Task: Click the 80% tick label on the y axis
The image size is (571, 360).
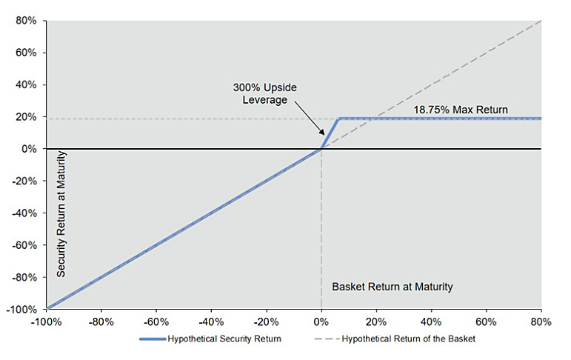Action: tap(26, 21)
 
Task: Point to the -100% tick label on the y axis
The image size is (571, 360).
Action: tap(22, 310)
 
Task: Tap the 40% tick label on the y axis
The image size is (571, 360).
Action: tap(26, 85)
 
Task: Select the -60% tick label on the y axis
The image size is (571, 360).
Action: tap(24, 245)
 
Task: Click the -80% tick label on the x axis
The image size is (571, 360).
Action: tap(101, 322)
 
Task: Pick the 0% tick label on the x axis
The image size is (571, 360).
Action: tap(321, 322)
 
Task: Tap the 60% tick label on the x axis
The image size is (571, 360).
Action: tap(486, 322)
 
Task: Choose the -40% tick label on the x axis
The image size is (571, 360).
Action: tap(211, 322)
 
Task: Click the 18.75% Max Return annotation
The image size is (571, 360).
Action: tap(461, 110)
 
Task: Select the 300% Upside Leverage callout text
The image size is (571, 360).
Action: tap(264, 93)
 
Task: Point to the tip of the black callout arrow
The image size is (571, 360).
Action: tap(324, 135)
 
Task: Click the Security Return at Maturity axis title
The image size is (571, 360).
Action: tap(61, 214)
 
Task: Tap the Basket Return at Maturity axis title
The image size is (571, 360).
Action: tap(393, 287)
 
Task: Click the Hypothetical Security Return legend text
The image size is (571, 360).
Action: tap(224, 339)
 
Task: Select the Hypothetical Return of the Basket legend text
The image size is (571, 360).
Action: tap(408, 339)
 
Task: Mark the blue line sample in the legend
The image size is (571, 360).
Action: tap(153, 339)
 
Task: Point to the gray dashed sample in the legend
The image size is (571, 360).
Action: tap(327, 339)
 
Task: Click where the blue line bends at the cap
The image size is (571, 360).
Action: tap(339, 119)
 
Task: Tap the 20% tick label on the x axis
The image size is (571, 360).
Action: tap(376, 322)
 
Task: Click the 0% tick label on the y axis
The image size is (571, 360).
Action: tap(29, 149)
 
